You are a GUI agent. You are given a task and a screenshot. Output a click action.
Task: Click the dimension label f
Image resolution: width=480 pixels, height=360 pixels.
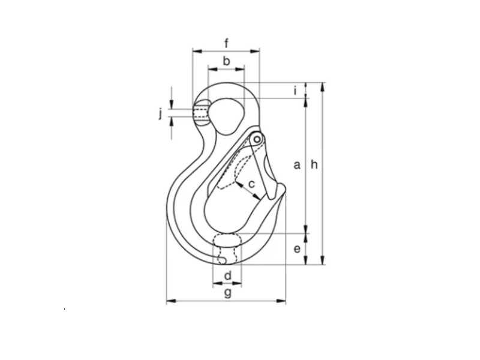pos(227,43)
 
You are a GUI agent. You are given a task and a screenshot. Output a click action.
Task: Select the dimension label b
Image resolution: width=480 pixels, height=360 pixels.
pos(226,61)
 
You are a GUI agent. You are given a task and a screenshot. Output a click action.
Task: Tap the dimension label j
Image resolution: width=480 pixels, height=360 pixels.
pos(160,115)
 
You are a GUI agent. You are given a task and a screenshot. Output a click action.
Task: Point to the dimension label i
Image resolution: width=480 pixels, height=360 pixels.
pos(295,91)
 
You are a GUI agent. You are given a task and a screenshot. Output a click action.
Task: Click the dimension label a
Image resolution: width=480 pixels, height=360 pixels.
pos(297,166)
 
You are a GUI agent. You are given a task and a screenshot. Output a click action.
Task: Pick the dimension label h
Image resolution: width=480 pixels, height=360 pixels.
pos(314,164)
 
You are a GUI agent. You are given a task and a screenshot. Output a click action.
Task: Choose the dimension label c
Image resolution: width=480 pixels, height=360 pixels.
pos(251,184)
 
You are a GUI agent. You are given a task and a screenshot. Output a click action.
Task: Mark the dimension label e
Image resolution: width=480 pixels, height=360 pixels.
pos(297,249)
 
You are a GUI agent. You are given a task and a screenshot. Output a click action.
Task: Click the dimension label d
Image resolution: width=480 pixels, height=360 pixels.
pos(228,276)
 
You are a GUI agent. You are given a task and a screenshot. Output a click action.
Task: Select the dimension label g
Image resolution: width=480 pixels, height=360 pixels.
pos(228,293)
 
